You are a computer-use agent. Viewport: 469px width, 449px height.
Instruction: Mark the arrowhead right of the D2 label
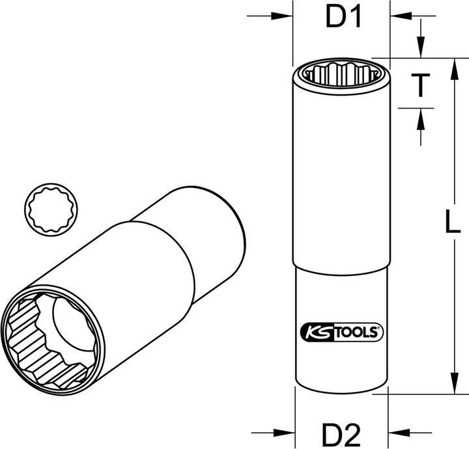(x=399, y=431)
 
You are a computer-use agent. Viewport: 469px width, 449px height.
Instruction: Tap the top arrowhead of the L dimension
(x=452, y=66)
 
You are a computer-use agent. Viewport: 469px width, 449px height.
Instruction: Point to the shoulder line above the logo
(x=341, y=267)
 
